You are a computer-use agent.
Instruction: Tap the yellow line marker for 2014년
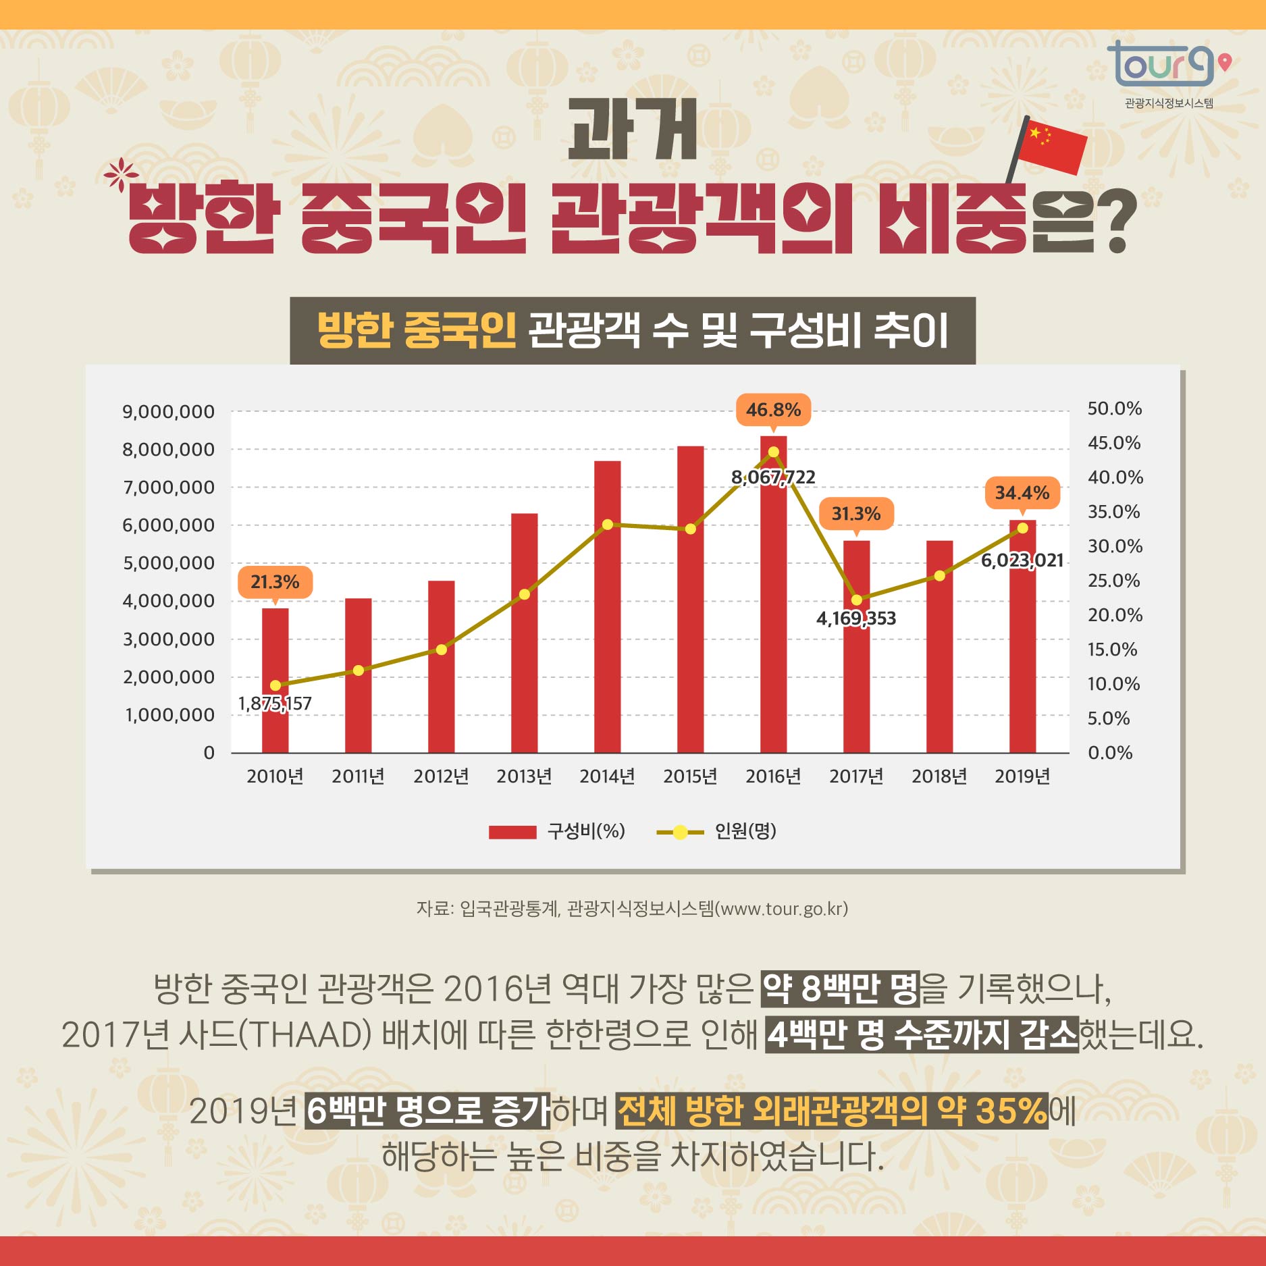pyautogui.click(x=607, y=525)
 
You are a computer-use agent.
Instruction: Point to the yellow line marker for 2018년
pyautogui.click(x=939, y=576)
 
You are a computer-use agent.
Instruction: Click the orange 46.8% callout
pyautogui.click(x=773, y=410)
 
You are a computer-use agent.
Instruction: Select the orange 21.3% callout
pyautogui.click(x=275, y=582)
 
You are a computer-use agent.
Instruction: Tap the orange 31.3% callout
pyautogui.click(x=855, y=514)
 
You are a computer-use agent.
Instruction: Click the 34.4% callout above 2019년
pyautogui.click(x=1022, y=493)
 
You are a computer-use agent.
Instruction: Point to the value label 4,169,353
pyautogui.click(x=855, y=618)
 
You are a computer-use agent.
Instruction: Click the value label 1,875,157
pyautogui.click(x=275, y=704)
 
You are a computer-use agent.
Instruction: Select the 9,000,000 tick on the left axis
pyautogui.click(x=168, y=412)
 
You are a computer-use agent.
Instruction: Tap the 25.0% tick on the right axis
pyautogui.click(x=1113, y=581)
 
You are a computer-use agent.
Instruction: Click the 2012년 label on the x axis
pyautogui.click(x=441, y=776)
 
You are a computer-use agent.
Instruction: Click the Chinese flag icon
pyautogui.click(x=1051, y=146)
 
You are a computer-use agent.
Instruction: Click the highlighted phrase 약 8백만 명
pyautogui.click(x=840, y=988)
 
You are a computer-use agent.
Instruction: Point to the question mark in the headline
pyautogui.click(x=1117, y=221)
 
